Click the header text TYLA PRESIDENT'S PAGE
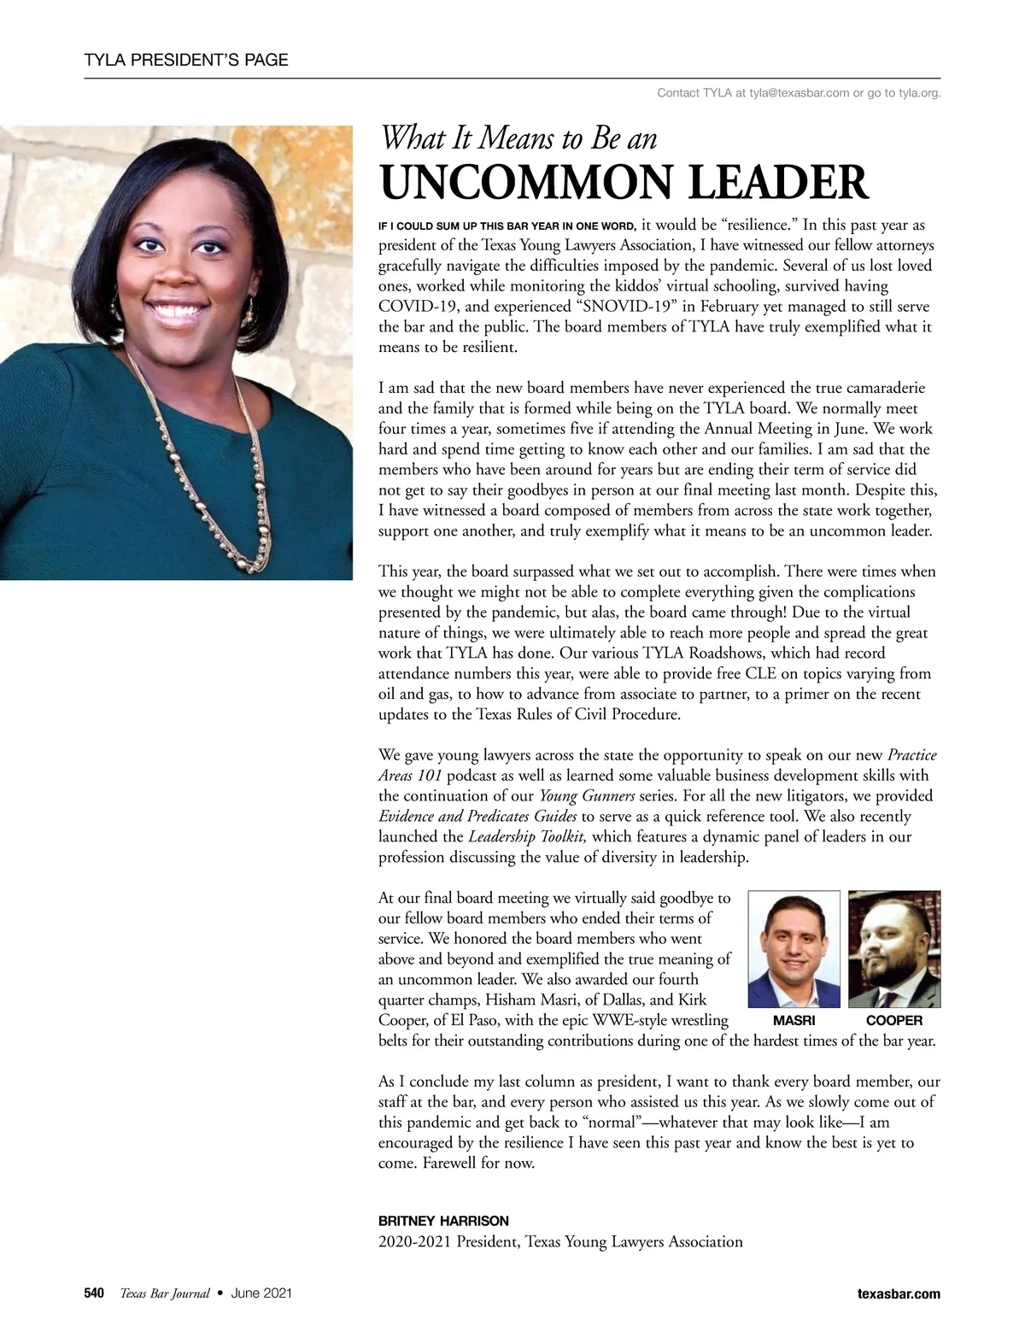(186, 60)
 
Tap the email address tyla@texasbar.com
(799, 92)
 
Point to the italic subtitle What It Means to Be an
(518, 137)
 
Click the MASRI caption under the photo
(794, 1021)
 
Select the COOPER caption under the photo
(894, 1021)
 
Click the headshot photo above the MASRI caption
(794, 949)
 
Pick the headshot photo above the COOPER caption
(894, 949)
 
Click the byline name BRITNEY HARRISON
(443, 1221)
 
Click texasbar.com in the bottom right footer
(898, 1293)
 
